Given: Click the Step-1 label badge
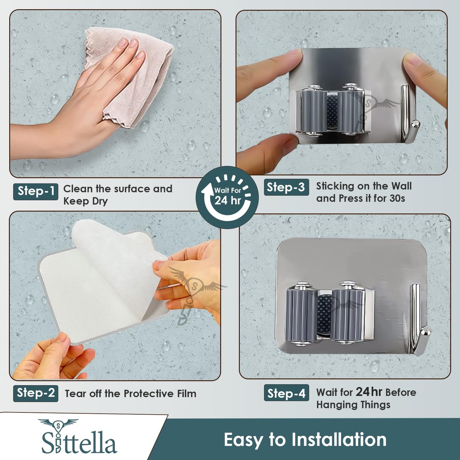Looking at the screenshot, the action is [x=36, y=191].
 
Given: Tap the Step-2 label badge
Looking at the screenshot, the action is [x=36, y=393].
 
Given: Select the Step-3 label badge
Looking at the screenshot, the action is [x=287, y=187].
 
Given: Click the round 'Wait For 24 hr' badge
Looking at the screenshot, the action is [x=227, y=197].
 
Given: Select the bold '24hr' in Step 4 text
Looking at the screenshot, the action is [x=369, y=392].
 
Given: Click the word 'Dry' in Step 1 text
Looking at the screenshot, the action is [x=100, y=201].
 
